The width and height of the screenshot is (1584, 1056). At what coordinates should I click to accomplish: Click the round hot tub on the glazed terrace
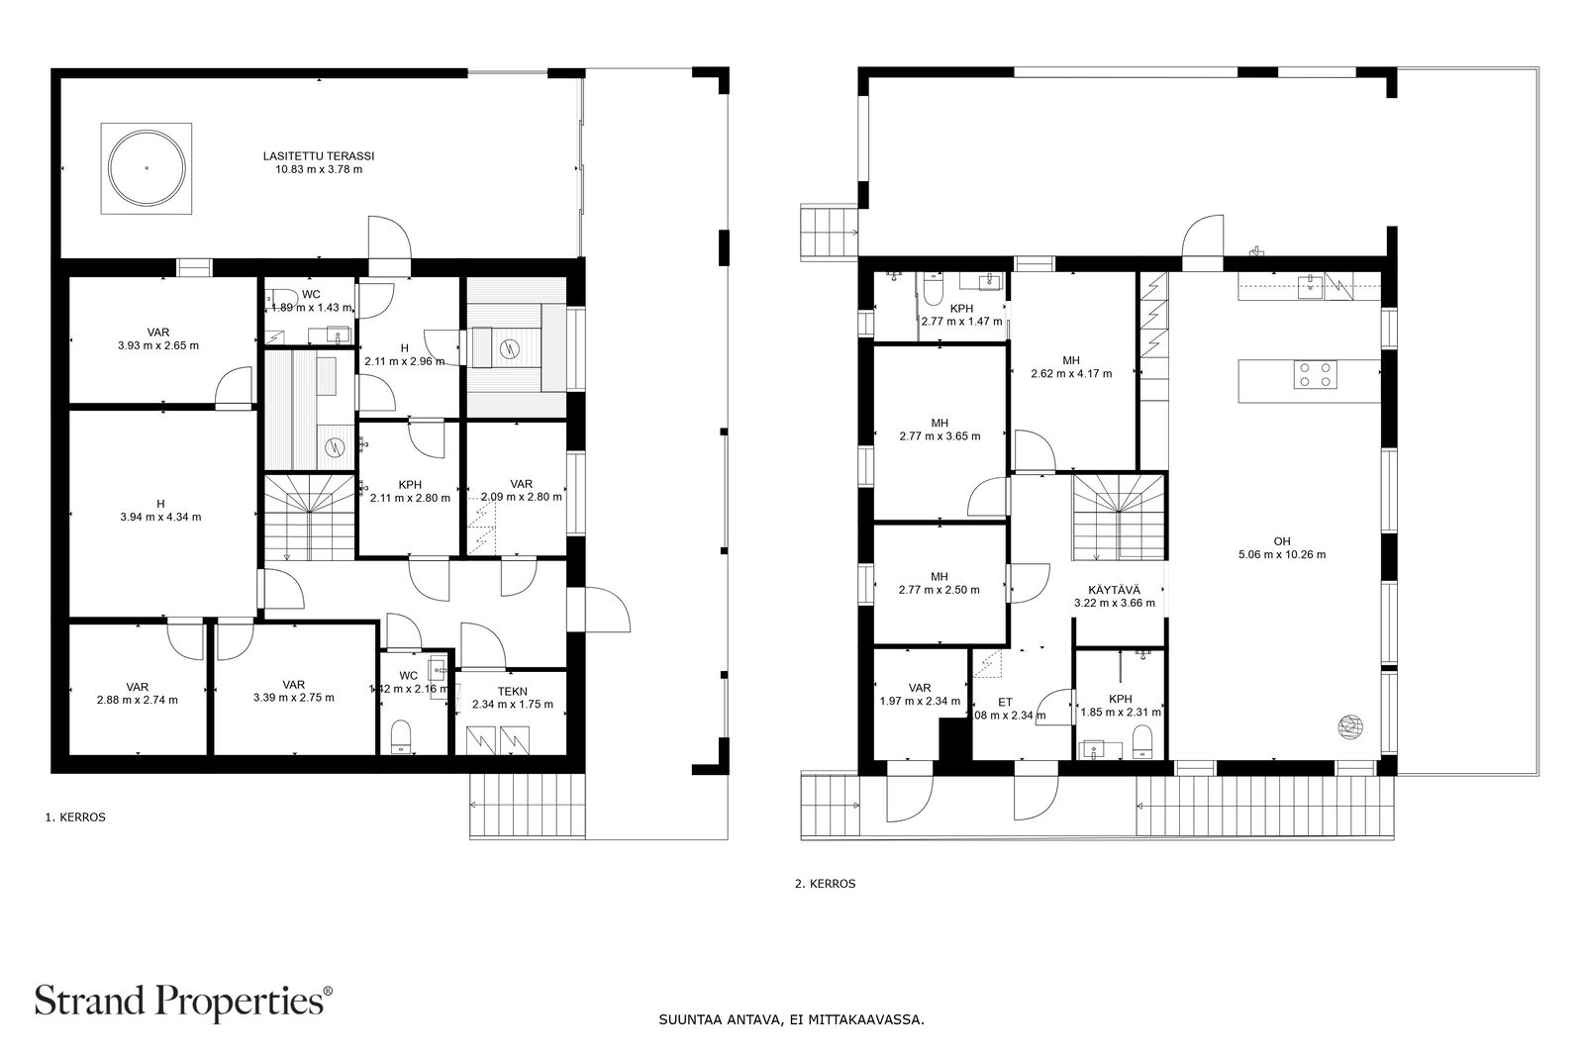click(x=146, y=168)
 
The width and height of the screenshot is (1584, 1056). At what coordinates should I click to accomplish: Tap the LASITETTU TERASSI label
click(x=319, y=162)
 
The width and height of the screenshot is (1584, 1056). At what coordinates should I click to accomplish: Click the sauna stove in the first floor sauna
click(x=510, y=347)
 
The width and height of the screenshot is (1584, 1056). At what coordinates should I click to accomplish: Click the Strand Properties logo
click(x=184, y=1001)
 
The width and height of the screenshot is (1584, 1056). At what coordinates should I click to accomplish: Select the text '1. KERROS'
click(x=75, y=817)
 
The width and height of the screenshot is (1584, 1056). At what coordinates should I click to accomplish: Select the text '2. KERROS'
click(x=825, y=884)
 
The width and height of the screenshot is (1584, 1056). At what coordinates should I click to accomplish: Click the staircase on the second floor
click(x=1119, y=516)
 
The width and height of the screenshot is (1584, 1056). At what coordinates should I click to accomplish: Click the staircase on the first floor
click(x=308, y=516)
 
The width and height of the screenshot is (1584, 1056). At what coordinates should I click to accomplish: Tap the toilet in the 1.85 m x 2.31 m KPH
click(x=1142, y=739)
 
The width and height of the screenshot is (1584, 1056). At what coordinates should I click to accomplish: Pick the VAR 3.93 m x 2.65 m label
click(x=158, y=339)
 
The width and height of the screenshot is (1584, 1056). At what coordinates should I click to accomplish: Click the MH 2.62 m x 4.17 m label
click(x=1070, y=367)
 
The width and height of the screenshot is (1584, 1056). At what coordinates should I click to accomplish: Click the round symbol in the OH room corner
click(x=1349, y=727)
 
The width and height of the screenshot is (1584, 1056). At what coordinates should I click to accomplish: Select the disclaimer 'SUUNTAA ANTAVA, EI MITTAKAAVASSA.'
click(x=791, y=1018)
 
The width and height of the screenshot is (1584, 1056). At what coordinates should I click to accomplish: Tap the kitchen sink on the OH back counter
click(x=1310, y=286)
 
